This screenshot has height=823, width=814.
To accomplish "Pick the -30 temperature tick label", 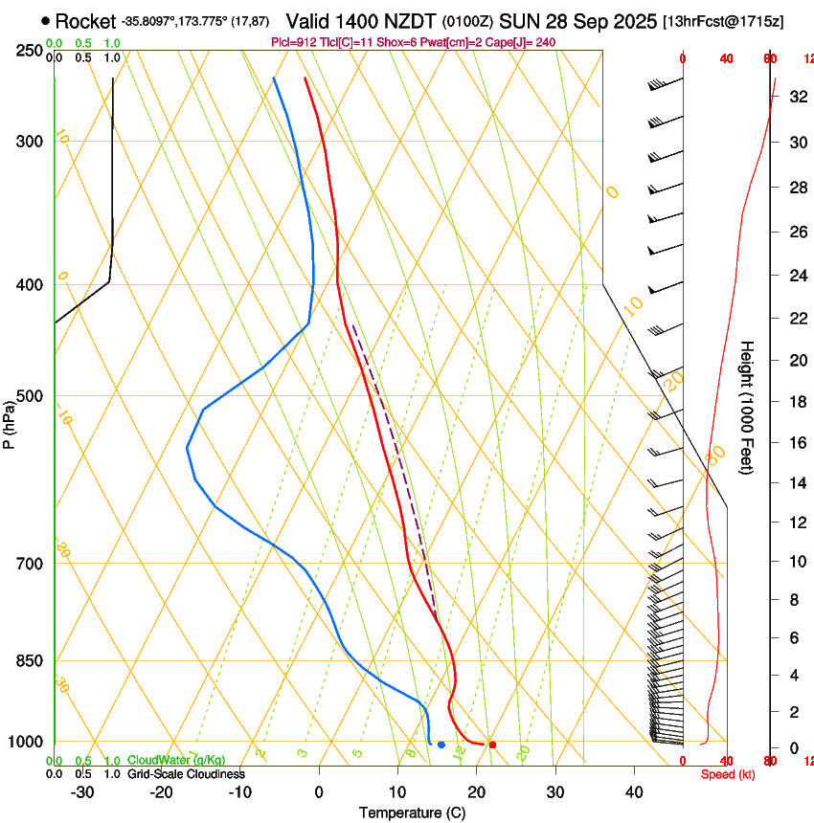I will [x=81, y=792].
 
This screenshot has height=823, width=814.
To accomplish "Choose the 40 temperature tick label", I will [x=634, y=792].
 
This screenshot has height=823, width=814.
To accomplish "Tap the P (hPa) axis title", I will [x=9, y=422].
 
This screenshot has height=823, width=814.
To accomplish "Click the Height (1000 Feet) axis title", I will [x=748, y=407].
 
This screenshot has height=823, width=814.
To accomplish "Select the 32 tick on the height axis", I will [x=796, y=97].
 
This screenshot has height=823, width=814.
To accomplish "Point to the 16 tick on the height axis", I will [x=796, y=442].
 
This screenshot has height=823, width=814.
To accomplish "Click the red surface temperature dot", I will [x=492, y=744].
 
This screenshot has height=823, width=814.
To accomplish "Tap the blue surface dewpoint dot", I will [x=441, y=744].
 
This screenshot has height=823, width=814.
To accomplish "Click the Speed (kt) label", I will [x=728, y=774].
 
